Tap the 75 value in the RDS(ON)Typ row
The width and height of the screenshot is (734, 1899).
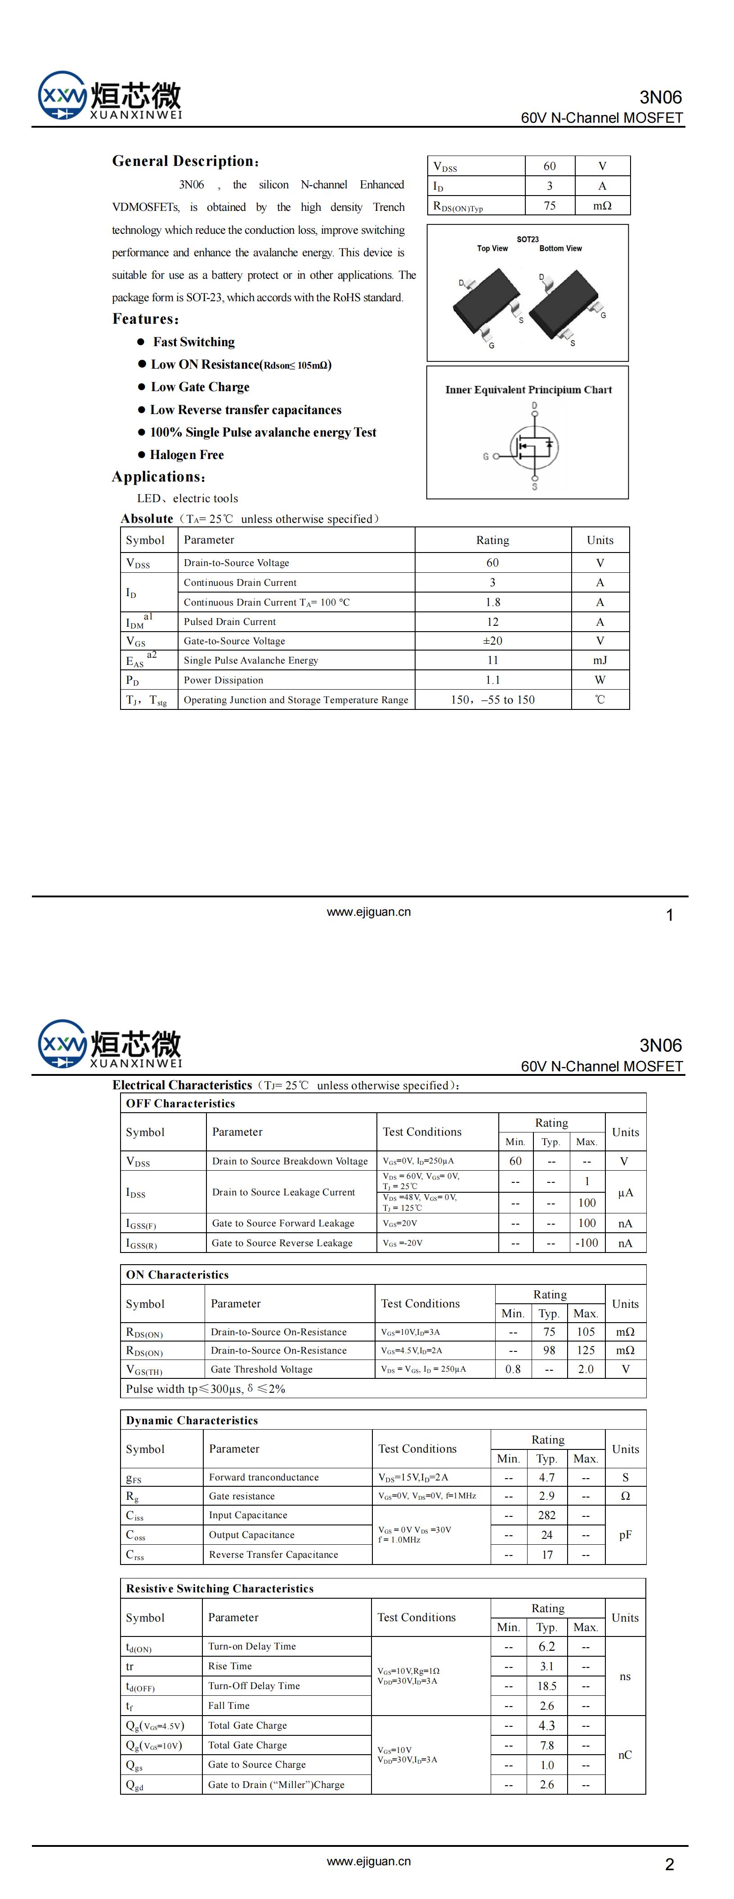click(x=550, y=205)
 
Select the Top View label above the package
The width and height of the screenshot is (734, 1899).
click(x=492, y=249)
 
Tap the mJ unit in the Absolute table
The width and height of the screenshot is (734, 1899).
click(x=600, y=660)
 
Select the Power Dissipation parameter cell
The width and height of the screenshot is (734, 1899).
click(x=224, y=680)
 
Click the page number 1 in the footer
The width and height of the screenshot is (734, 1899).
click(x=669, y=916)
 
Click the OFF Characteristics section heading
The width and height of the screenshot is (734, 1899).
click(x=180, y=1104)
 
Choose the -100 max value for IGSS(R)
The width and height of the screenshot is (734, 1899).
click(x=586, y=1243)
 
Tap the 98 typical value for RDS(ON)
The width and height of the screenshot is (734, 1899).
click(x=549, y=1351)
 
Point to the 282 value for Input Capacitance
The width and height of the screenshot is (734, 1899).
click(x=546, y=1515)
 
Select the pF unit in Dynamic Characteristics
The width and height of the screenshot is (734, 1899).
click(x=625, y=1535)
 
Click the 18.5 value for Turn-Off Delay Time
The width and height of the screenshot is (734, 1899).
click(x=546, y=1686)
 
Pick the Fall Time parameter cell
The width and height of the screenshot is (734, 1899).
click(x=228, y=1705)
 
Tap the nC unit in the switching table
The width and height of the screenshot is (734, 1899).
click(x=625, y=1755)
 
